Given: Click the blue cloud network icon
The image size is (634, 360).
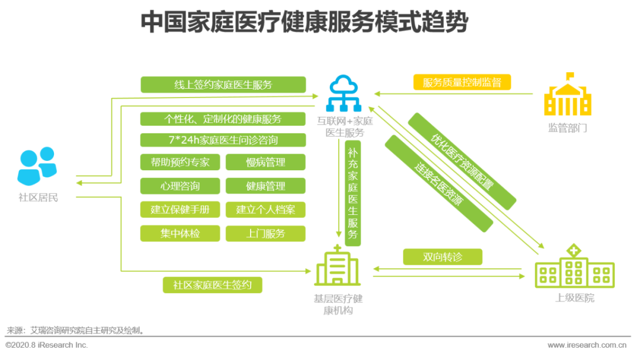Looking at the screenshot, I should click(x=345, y=93).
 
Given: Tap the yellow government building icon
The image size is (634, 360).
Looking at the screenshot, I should click(x=567, y=95).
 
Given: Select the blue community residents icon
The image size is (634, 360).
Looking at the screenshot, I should click(x=38, y=166).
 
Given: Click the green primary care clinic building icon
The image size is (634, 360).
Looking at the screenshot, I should click(x=338, y=267).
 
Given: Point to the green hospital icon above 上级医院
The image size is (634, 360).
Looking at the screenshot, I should click(x=574, y=267).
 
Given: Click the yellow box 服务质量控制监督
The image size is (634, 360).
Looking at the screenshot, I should click(x=462, y=82).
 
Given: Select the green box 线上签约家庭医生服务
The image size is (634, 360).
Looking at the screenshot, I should click(x=223, y=85).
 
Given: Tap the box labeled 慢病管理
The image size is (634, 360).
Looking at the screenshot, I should click(x=265, y=162).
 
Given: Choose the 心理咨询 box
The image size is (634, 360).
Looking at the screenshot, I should click(x=180, y=186).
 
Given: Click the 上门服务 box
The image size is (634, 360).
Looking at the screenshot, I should click(x=265, y=233).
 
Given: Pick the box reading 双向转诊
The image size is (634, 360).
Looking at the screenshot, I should click(x=443, y=257).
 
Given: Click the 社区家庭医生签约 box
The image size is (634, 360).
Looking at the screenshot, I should click(x=212, y=285).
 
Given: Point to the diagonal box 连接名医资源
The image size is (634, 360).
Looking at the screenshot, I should click(x=439, y=184).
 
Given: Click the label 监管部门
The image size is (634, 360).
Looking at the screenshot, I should click(x=567, y=127).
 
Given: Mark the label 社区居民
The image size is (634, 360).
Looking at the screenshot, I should click(x=38, y=197).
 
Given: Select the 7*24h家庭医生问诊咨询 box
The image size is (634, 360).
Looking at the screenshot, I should click(x=223, y=140).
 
